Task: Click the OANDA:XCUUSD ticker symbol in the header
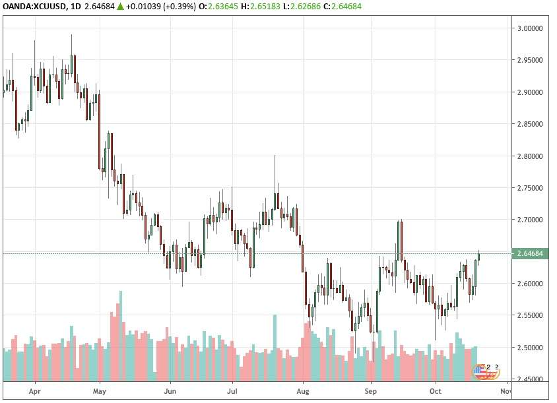click(x=34, y=7)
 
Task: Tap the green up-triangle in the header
click(x=120, y=7)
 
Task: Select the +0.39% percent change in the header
click(x=180, y=7)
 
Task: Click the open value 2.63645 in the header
click(x=222, y=7)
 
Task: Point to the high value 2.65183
click(x=265, y=7)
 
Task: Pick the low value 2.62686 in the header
click(x=305, y=7)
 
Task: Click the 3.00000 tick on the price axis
click(x=530, y=28)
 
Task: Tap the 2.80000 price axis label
click(x=530, y=156)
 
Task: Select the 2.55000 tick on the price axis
click(x=530, y=315)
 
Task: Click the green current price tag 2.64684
click(x=530, y=253)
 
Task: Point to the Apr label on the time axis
click(x=35, y=391)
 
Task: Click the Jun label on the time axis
click(x=170, y=391)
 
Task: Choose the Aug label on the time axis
click(x=303, y=391)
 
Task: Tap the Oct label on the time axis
click(x=436, y=391)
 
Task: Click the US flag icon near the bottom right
click(x=480, y=371)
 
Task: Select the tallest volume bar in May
click(x=121, y=336)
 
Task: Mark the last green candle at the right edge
click(x=479, y=257)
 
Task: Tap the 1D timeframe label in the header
click(x=76, y=7)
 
